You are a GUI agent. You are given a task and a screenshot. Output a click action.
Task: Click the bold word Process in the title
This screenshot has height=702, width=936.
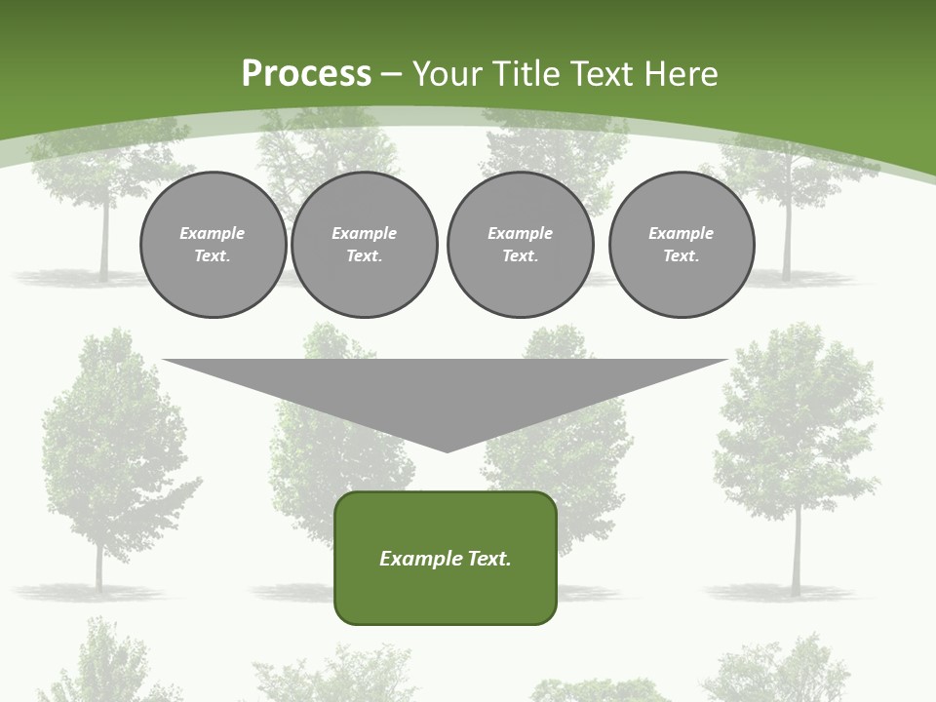click(x=306, y=74)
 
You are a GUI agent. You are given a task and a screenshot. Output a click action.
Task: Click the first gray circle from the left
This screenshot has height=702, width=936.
click(x=213, y=245)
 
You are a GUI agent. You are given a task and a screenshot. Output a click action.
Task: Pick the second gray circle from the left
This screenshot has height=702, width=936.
click(x=365, y=245)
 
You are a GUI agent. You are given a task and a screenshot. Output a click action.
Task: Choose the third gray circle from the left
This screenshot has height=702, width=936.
click(x=520, y=245)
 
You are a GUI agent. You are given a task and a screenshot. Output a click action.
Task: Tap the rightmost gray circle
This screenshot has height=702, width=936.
click(x=681, y=245)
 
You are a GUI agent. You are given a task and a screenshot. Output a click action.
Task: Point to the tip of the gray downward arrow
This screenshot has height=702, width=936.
click(x=447, y=450)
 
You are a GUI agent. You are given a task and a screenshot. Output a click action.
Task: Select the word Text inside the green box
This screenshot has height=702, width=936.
click(x=489, y=559)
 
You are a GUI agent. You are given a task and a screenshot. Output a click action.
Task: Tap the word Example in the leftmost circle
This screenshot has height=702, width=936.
click(x=213, y=233)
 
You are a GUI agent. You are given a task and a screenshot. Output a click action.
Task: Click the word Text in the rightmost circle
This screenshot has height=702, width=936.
click(x=681, y=256)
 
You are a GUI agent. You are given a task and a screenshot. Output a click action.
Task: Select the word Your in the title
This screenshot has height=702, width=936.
click(x=448, y=74)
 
